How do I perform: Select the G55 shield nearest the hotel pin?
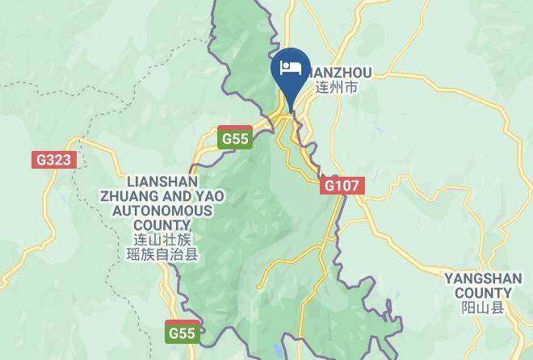(x=235, y=138)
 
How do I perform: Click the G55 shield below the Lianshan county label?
(x=182, y=332)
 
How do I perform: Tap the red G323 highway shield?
(x=54, y=159)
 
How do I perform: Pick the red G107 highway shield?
(x=341, y=186)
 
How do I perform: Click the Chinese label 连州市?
(x=336, y=87)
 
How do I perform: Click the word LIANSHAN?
(x=162, y=182)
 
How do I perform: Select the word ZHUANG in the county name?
(x=130, y=196)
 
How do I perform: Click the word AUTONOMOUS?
(x=162, y=211)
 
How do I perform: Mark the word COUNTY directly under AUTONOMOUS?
(x=162, y=225)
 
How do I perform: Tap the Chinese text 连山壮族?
(x=162, y=240)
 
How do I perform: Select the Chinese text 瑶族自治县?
(x=162, y=255)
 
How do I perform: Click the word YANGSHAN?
(x=483, y=278)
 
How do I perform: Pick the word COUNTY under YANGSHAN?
(x=483, y=293)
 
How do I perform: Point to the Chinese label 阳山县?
(x=483, y=308)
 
